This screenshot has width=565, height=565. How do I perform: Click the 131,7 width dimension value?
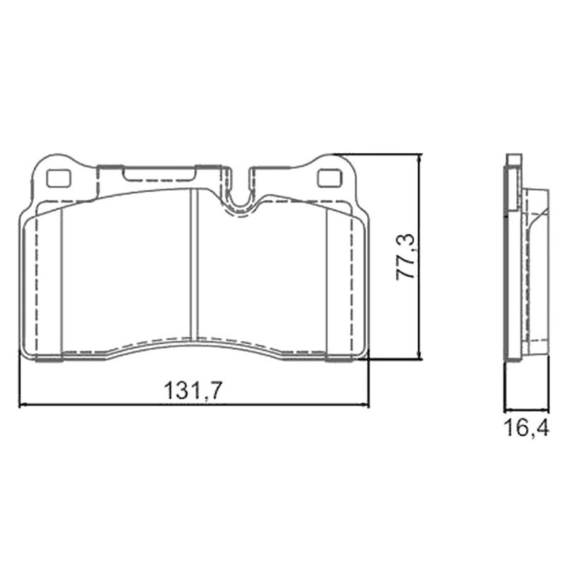point(191,391)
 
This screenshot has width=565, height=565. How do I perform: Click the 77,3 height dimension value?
point(406,257)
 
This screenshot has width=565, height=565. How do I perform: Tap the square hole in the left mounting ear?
point(58,179)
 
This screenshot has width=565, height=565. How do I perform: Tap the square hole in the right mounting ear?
point(328,178)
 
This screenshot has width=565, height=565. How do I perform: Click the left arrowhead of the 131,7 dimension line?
point(23,405)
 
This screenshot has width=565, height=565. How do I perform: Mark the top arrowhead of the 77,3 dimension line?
point(419,158)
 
